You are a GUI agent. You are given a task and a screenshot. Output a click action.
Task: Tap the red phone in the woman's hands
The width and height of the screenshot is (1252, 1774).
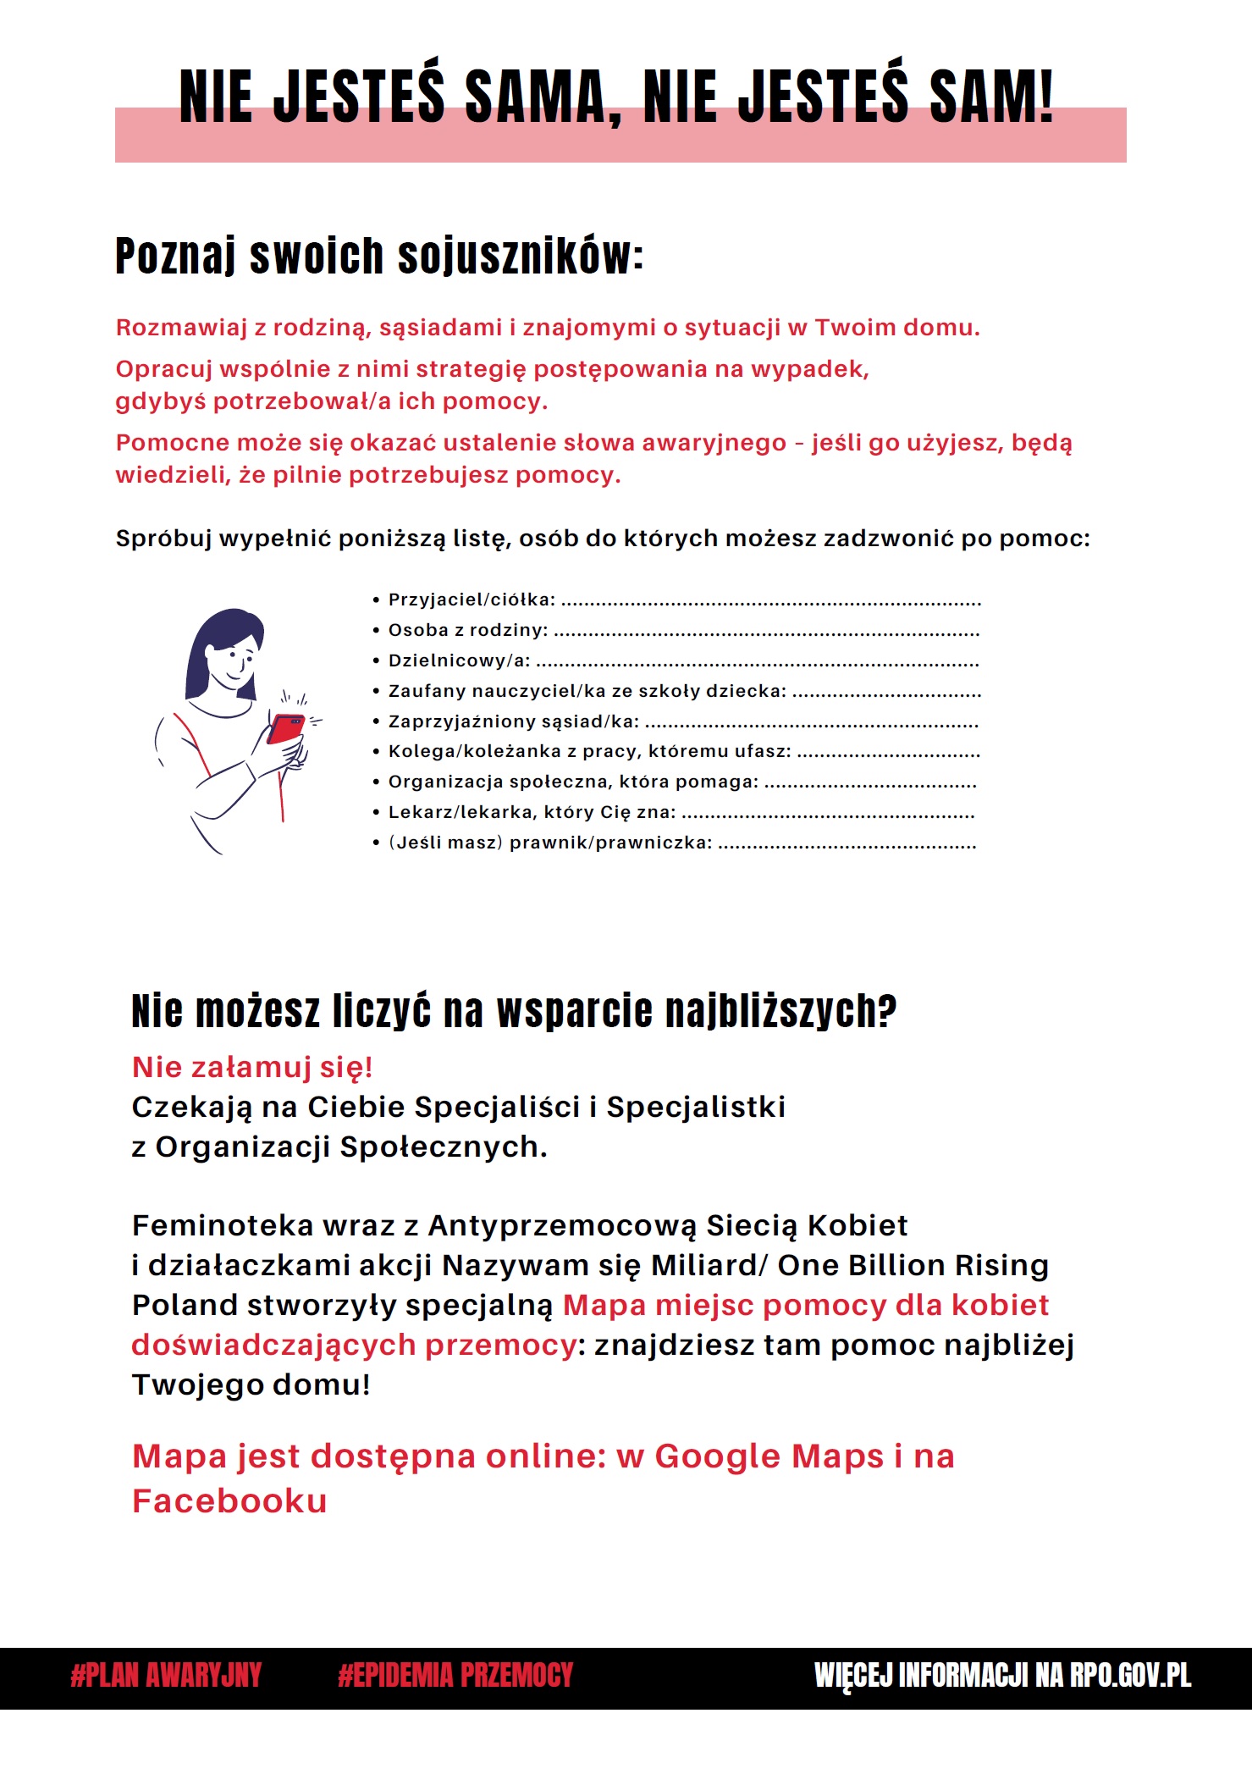coord(285,728)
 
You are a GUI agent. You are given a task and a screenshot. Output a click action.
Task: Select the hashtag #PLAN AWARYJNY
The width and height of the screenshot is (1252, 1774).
coord(166,1675)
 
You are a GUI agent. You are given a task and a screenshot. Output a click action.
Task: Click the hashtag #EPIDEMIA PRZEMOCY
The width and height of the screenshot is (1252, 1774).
coord(455,1675)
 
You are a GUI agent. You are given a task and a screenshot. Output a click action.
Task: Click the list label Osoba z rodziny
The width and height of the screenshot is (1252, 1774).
coord(467,630)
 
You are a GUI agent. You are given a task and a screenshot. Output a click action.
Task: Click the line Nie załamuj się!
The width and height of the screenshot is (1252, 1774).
coord(252,1067)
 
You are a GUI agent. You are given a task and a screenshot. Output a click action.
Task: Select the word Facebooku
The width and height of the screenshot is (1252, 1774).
coord(229,1501)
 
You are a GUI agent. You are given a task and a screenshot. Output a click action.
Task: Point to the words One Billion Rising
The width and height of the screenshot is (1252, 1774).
coord(913,1265)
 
